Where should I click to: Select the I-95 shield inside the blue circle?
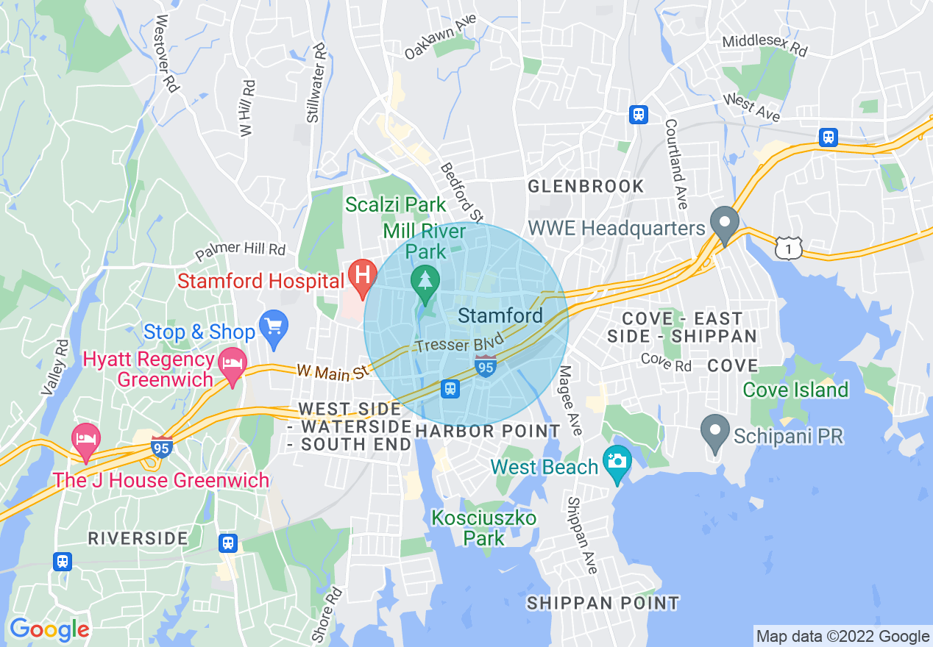point(485,365)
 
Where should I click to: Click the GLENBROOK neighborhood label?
point(586,187)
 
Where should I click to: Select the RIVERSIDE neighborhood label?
point(138,538)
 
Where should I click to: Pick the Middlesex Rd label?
point(765,46)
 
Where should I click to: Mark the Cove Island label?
point(795,390)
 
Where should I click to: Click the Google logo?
point(49,629)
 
